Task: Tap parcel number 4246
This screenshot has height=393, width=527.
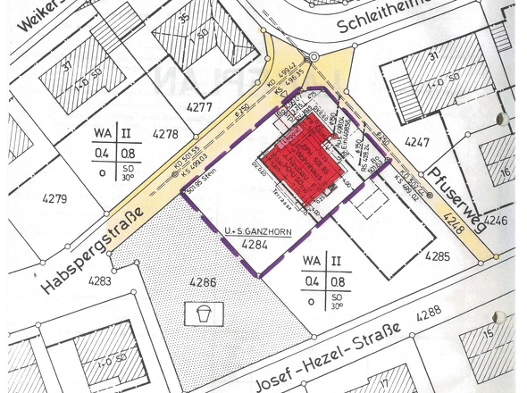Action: click(496, 219)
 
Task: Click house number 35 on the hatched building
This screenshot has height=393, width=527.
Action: click(184, 15)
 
